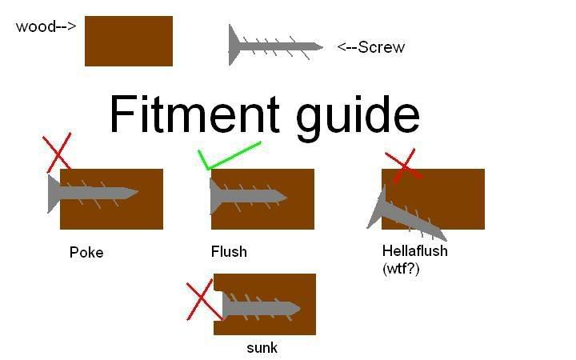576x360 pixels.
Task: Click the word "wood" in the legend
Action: [x=36, y=27]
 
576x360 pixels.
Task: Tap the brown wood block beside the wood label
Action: [x=129, y=41]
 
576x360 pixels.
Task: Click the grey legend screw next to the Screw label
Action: [x=275, y=46]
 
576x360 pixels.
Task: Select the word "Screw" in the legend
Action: [x=382, y=47]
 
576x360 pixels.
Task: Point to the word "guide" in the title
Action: [x=358, y=118]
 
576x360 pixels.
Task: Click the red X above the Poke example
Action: [x=57, y=153]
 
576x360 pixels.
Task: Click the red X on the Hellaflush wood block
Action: [x=404, y=166]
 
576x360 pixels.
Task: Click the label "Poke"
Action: [x=86, y=253]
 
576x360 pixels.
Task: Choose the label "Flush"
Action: [x=229, y=252]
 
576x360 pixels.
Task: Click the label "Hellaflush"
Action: [x=414, y=251]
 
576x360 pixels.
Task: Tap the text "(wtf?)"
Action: [x=401, y=269]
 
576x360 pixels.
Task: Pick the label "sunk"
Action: [x=262, y=348]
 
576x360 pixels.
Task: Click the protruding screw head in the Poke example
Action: [x=54, y=194]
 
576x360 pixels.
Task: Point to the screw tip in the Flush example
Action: [x=282, y=196]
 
